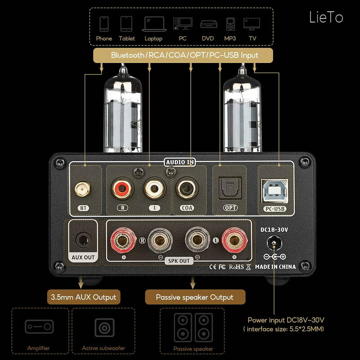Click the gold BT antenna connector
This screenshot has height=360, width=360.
[x=82, y=189]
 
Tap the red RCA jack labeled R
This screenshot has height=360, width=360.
[x=122, y=189]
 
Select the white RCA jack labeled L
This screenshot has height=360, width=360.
[x=154, y=189]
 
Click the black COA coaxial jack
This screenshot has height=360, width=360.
[x=187, y=189]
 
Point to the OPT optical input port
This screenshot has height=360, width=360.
[x=230, y=188]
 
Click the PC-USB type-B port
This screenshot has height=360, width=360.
[x=274, y=191]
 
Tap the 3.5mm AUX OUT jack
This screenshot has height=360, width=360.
[x=83, y=240]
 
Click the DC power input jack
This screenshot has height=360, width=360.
[x=274, y=243]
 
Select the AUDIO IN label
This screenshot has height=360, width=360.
[x=180, y=162]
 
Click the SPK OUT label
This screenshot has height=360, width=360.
[x=179, y=261]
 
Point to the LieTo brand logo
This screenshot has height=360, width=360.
[x=326, y=17]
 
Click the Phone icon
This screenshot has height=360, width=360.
[x=104, y=24]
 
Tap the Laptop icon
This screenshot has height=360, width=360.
[x=154, y=24]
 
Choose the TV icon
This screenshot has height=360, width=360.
[x=252, y=24]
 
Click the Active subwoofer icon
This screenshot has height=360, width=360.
[x=104, y=328]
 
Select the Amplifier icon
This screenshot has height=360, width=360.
[x=39, y=327]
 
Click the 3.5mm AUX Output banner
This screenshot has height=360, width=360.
[x=84, y=297]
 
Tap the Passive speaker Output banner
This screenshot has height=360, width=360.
[x=195, y=297]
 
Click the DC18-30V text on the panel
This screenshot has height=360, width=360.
[x=274, y=230]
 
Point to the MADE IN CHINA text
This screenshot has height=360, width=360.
[x=275, y=267]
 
